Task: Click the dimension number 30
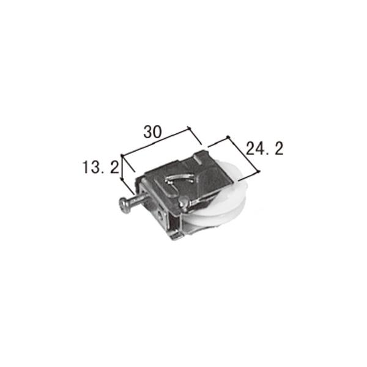coord(153,132)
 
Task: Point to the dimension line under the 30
coord(158,142)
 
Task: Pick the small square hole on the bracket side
coord(159,215)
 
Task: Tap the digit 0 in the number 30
coord(158,132)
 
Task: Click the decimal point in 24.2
coord(272,153)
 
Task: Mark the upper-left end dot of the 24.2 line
coord(227,137)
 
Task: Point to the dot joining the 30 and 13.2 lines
coord(124,155)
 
